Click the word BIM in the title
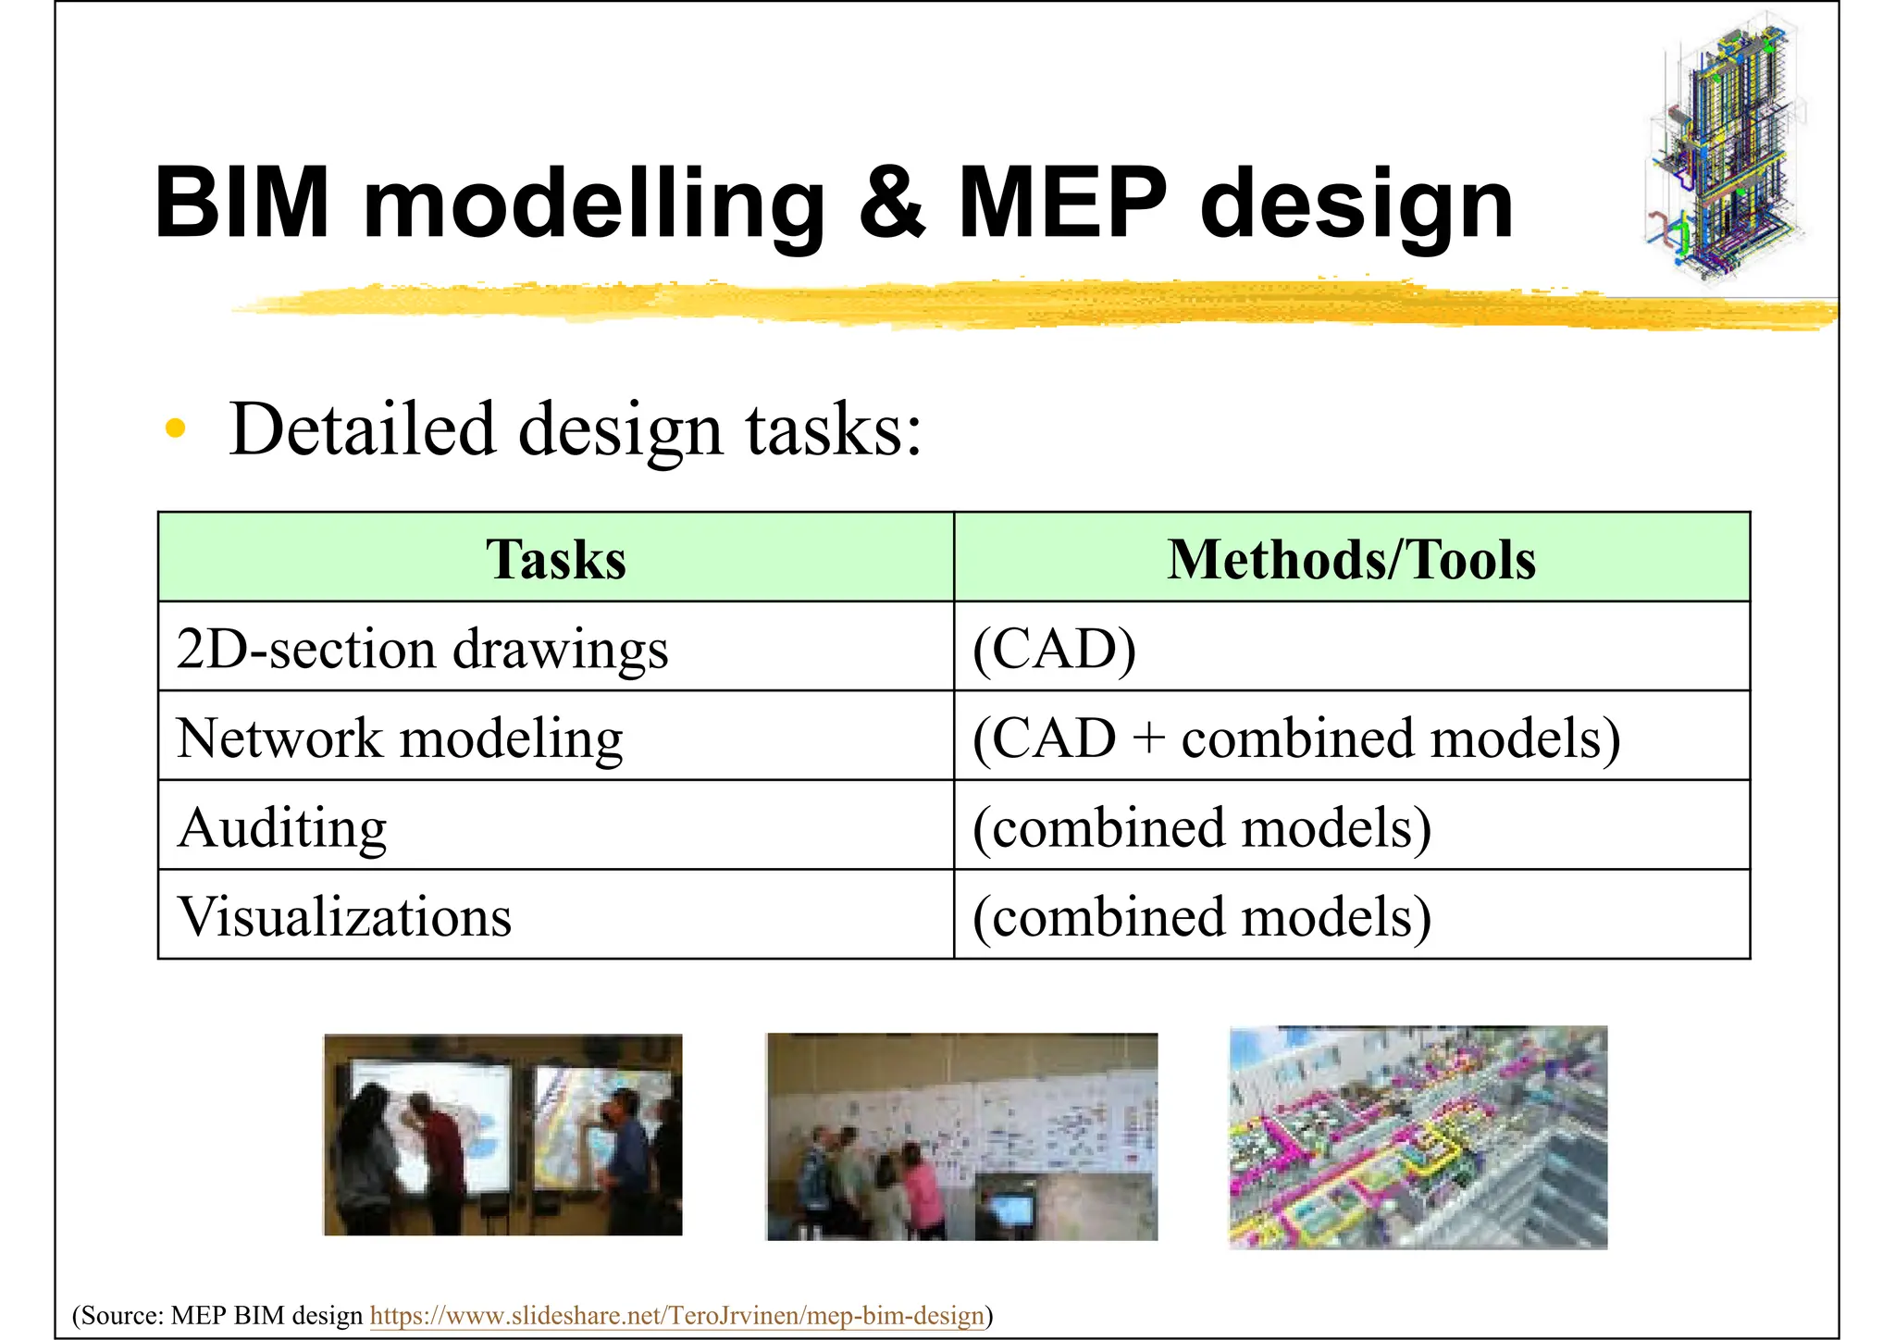(x=242, y=203)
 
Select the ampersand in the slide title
(x=890, y=203)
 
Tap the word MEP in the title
(x=1061, y=203)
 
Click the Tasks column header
(x=555, y=559)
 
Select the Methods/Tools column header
(x=1351, y=559)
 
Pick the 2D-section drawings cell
(x=422, y=648)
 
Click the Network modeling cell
(x=400, y=738)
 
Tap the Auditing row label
(x=282, y=826)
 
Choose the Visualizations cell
(x=344, y=916)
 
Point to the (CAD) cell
(x=1054, y=648)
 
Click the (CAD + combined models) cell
(x=1295, y=738)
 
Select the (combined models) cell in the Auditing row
(x=1201, y=826)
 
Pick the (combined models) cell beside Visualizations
(x=1201, y=916)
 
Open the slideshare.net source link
(x=676, y=1315)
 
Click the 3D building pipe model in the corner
(x=1724, y=148)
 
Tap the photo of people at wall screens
(x=502, y=1135)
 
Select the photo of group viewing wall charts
(x=962, y=1136)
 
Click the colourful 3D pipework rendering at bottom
(x=1418, y=1137)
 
